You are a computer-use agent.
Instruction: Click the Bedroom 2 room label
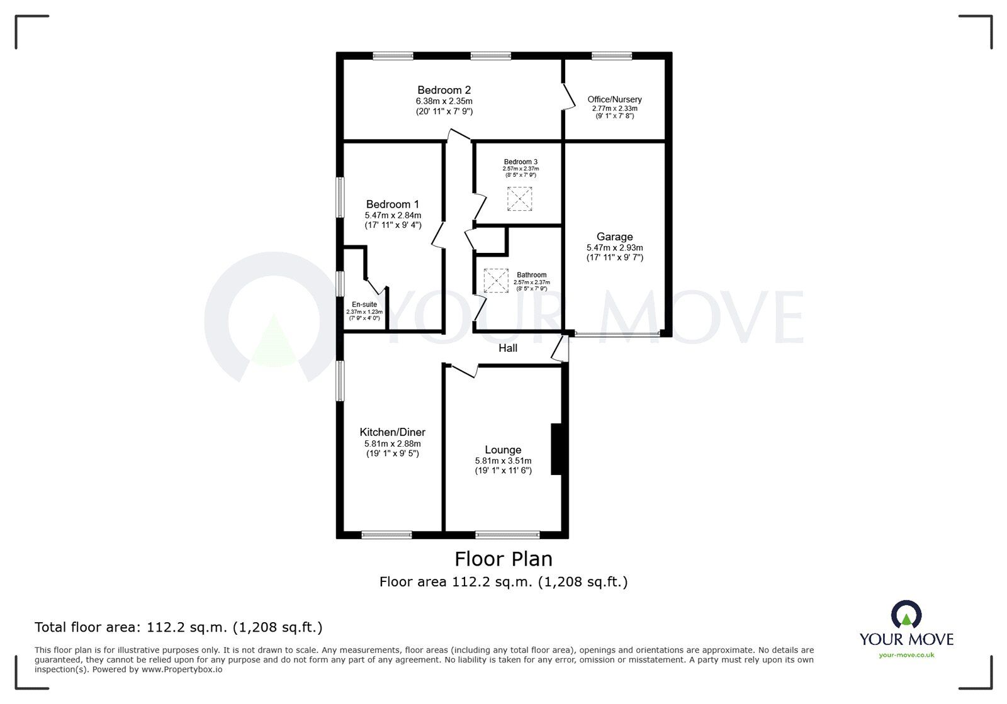[x=444, y=91]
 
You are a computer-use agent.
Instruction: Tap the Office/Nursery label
[x=614, y=99]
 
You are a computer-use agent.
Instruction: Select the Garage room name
[x=614, y=237]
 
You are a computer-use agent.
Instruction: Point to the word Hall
[x=507, y=348]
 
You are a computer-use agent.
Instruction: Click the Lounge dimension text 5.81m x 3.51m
[x=503, y=461]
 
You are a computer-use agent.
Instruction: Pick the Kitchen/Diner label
[x=393, y=432]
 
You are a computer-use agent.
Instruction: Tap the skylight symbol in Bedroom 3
[x=520, y=199]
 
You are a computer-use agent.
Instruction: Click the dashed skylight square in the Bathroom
[x=496, y=281]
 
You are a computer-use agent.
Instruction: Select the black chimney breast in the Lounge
[x=556, y=449]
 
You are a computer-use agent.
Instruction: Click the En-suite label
[x=364, y=305]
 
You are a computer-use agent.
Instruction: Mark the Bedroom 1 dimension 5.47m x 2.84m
[x=393, y=216]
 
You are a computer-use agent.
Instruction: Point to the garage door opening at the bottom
[x=617, y=334]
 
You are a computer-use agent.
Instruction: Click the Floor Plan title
[x=503, y=559]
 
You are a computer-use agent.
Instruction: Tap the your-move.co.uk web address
[x=906, y=655]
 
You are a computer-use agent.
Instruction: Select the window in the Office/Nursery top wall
[x=612, y=56]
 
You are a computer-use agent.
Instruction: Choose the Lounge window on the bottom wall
[x=507, y=535]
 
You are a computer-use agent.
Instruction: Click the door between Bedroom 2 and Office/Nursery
[x=569, y=96]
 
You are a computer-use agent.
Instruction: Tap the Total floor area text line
[x=179, y=627]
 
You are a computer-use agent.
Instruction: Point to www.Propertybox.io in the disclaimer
[x=182, y=669]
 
